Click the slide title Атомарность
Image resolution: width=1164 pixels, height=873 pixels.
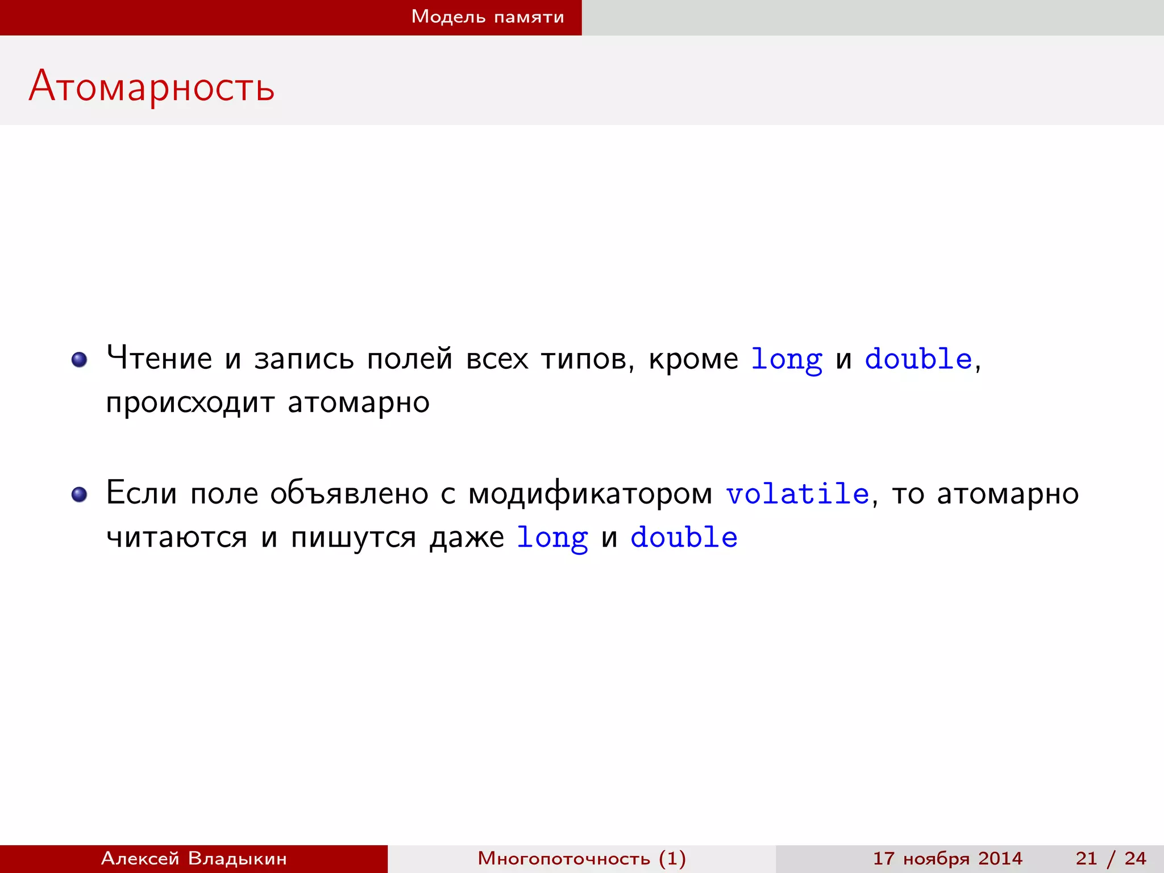coord(152,86)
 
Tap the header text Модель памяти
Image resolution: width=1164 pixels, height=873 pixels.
coord(488,17)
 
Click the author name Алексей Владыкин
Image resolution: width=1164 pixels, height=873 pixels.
coord(194,858)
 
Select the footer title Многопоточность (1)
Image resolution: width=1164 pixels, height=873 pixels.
coord(581,858)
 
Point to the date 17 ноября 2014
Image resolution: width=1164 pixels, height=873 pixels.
coord(947,858)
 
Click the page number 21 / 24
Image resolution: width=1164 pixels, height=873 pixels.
coord(1111,858)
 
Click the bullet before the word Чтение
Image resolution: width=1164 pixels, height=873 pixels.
coord(80,359)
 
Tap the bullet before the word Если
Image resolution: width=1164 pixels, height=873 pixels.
coord(80,494)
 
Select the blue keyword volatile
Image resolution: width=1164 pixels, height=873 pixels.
coord(797,493)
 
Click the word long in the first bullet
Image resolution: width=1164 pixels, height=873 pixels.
coord(786,360)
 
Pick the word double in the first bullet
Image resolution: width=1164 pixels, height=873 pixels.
coord(918,359)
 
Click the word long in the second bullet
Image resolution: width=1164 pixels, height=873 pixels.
coord(552,538)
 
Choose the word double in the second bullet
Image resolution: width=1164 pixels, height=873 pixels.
coord(684,537)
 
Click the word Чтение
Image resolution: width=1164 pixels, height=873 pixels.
coord(159,359)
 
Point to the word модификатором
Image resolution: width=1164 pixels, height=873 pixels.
coord(590,493)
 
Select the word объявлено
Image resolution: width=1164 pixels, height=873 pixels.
coord(349,493)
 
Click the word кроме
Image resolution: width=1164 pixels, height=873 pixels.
coord(693,359)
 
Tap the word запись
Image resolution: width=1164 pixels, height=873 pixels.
coord(304,359)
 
